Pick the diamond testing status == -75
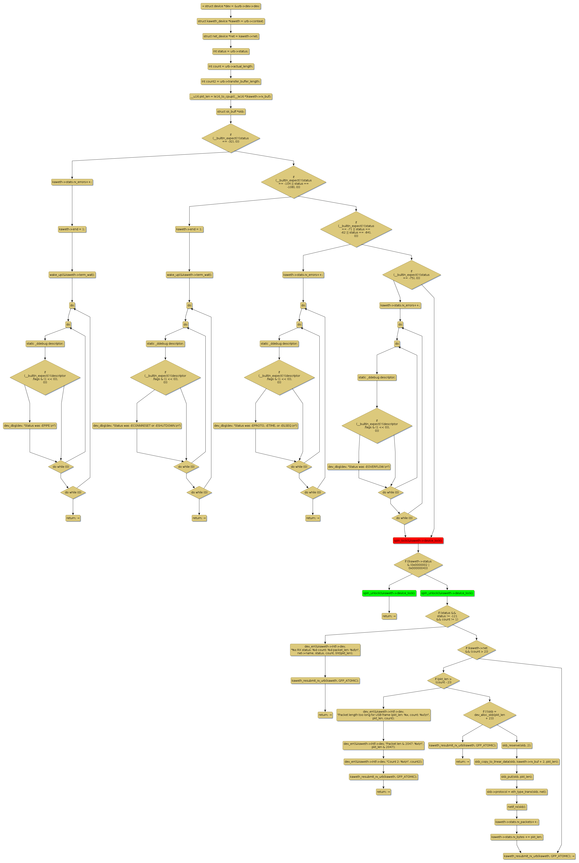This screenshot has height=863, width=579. [x=411, y=275]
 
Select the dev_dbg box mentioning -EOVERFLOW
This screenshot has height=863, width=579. [x=359, y=467]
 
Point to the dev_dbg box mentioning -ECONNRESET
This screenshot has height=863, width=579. [x=137, y=426]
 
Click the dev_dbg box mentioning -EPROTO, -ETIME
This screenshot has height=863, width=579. [x=256, y=426]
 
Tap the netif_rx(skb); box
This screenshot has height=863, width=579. [x=516, y=807]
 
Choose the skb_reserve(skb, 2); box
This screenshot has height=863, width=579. [x=516, y=745]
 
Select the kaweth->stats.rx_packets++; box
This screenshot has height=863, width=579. [x=516, y=822]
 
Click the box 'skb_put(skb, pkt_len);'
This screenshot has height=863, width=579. [x=516, y=777]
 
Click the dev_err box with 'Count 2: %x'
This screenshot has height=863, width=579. [x=383, y=761]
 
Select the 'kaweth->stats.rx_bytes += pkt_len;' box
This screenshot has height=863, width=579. [x=516, y=837]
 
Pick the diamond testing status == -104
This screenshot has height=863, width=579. [x=294, y=182]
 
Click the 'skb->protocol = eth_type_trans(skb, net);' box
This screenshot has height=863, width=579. [x=516, y=792]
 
